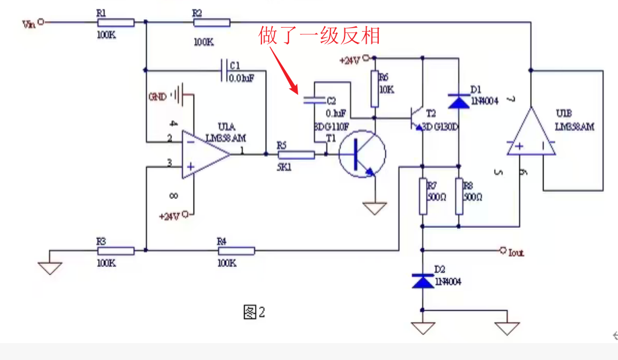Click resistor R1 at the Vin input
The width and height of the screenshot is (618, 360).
click(x=115, y=23)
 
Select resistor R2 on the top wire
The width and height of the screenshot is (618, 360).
click(x=212, y=23)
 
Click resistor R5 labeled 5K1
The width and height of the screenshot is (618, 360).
click(x=296, y=155)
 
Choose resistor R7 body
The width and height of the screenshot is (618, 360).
click(x=423, y=197)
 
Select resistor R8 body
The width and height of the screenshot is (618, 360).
click(x=459, y=197)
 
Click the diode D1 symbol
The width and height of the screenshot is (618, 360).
click(x=459, y=101)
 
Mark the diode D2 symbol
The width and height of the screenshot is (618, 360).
click(x=423, y=280)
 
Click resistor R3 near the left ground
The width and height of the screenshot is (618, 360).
click(x=115, y=251)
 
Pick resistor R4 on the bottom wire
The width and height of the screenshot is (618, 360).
click(x=236, y=251)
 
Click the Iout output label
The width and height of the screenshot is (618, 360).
click(x=516, y=253)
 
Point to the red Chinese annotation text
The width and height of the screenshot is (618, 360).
click(x=319, y=36)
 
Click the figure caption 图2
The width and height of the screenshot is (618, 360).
click(x=254, y=313)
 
